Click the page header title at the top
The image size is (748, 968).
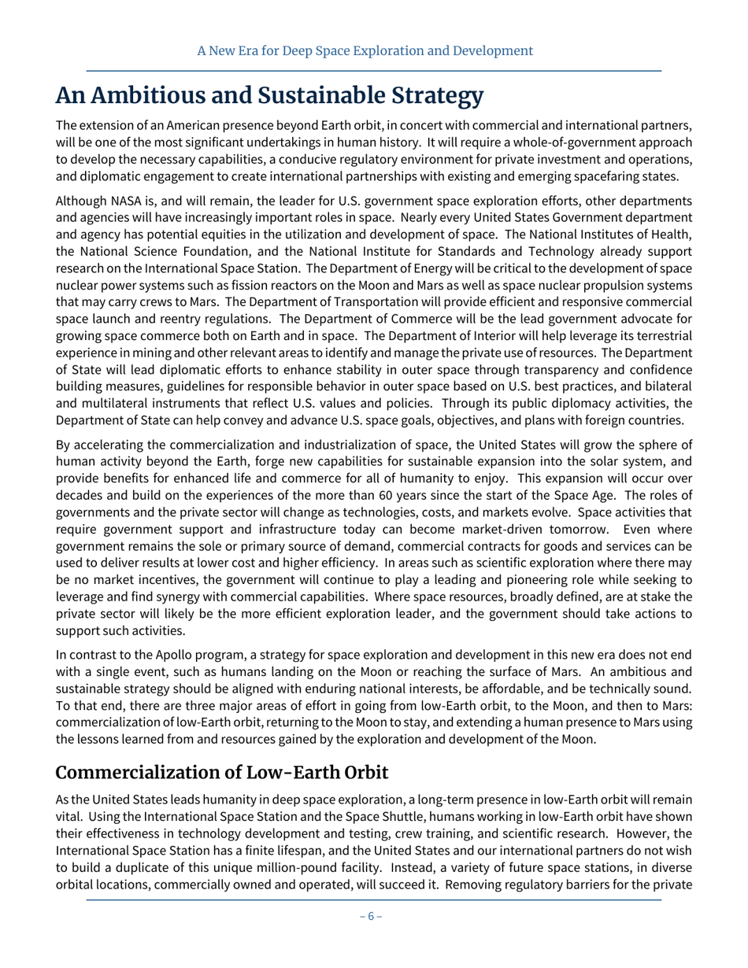click(365, 51)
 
